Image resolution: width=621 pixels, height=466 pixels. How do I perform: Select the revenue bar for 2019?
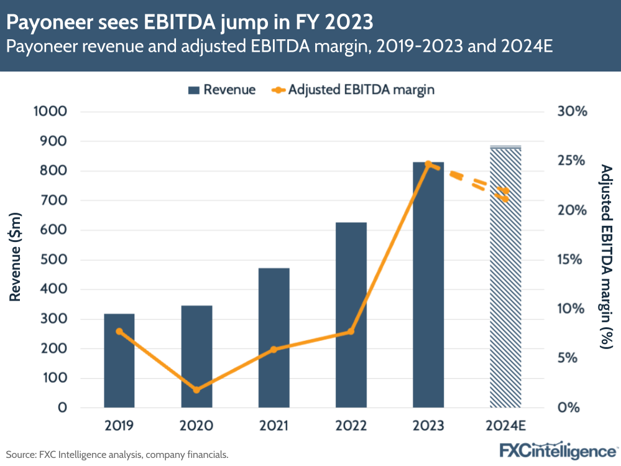tap(119, 361)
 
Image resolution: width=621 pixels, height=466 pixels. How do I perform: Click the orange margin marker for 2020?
tap(196, 390)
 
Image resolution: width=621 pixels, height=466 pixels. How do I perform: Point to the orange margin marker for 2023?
tap(428, 164)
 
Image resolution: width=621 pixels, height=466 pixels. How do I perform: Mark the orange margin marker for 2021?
tap(274, 350)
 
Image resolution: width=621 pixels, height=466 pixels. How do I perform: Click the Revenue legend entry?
tap(221, 90)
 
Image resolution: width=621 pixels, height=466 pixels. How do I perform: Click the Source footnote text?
tap(117, 454)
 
